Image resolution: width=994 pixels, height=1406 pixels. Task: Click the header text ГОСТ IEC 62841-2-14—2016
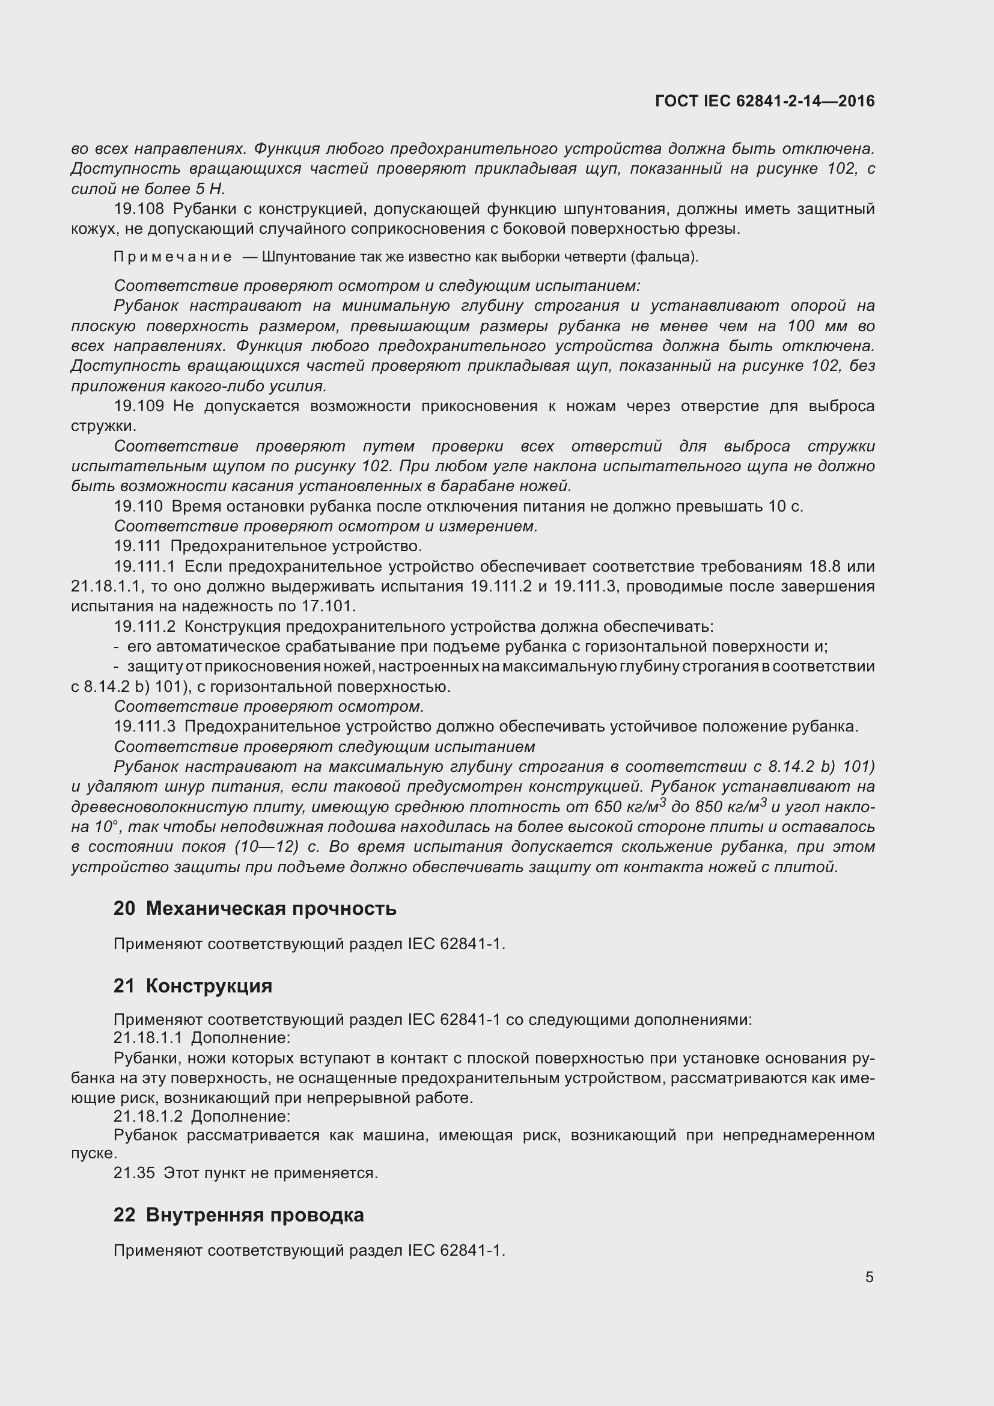tap(764, 101)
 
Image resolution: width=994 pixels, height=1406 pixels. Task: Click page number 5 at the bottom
tap(869, 1277)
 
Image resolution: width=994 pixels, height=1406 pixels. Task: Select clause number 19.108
tap(139, 209)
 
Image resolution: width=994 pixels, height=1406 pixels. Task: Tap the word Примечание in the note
tap(172, 257)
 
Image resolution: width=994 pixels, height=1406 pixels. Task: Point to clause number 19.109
tap(139, 406)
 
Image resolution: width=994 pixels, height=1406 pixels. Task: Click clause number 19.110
tap(138, 506)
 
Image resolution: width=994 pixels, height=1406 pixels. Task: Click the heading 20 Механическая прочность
tap(255, 908)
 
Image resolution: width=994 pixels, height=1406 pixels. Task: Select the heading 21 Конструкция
tap(193, 986)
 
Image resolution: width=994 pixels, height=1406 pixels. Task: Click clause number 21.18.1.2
tap(148, 1116)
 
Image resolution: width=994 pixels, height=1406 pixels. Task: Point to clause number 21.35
tap(134, 1173)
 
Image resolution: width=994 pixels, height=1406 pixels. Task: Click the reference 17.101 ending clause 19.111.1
tap(328, 607)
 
